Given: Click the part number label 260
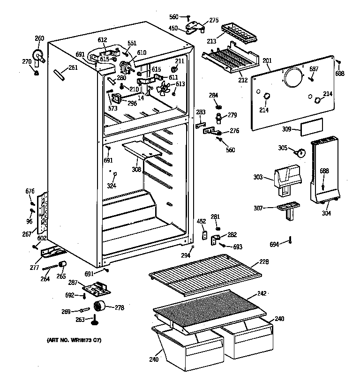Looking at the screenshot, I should (39, 38).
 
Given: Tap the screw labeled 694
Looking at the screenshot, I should (291, 240).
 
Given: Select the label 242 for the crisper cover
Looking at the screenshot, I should (262, 294).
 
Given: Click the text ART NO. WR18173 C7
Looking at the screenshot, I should (74, 339).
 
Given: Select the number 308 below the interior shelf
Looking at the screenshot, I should (136, 169).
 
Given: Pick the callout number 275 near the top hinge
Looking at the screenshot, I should (214, 20).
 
